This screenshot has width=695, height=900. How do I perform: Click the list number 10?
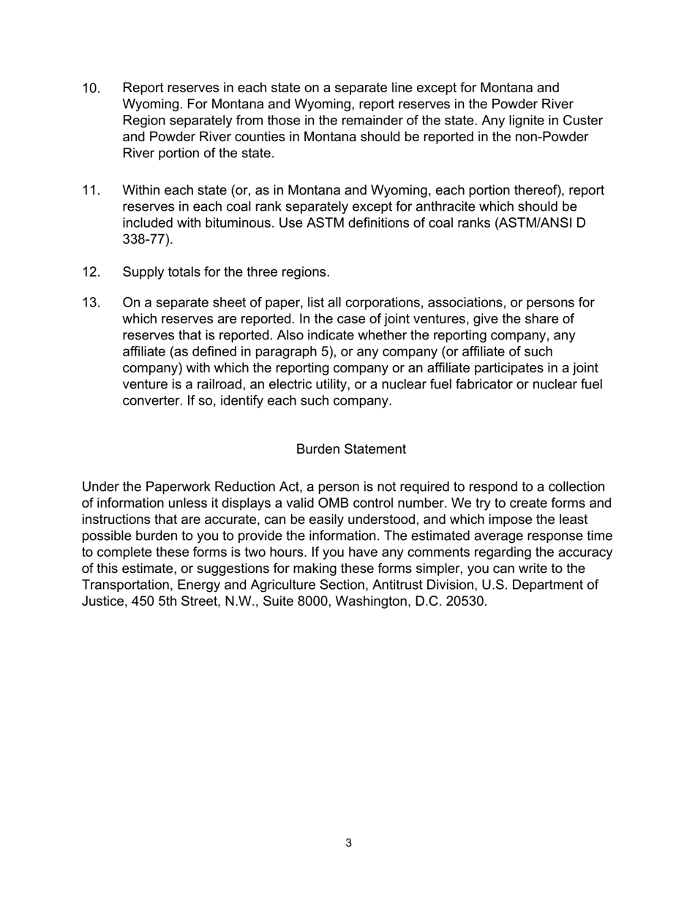(91, 89)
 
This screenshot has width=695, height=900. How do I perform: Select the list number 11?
(91, 191)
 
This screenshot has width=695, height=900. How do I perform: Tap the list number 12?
(91, 272)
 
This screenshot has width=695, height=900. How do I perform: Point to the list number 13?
(91, 303)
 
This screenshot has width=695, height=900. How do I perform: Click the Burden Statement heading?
(350, 449)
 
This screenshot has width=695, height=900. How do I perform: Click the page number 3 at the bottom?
(348, 843)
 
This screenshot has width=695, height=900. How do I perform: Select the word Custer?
(583, 121)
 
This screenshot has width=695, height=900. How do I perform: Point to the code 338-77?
(145, 239)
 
